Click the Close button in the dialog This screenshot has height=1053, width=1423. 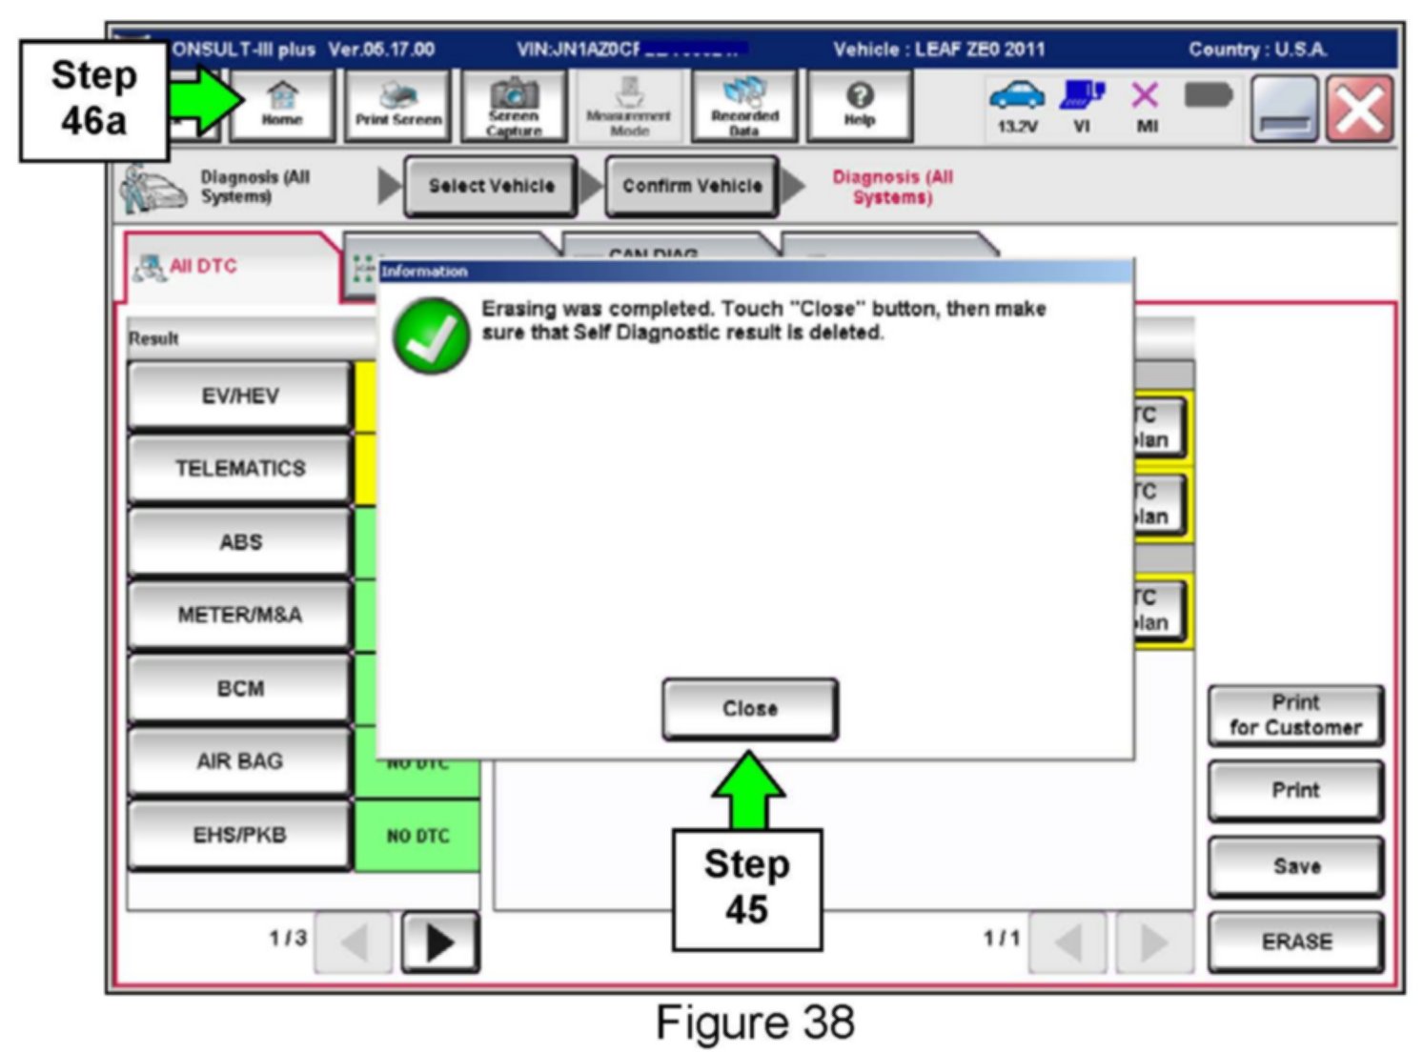(750, 709)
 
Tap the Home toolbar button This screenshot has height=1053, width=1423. (282, 106)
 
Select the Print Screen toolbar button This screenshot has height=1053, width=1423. (398, 106)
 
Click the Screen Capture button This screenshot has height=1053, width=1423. (514, 106)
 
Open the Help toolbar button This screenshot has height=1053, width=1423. (859, 106)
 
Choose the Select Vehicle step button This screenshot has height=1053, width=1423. (491, 186)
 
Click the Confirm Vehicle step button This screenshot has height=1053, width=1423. (692, 186)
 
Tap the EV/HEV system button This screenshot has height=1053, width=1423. (240, 396)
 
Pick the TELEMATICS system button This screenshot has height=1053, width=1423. (240, 469)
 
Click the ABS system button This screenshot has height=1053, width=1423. (240, 542)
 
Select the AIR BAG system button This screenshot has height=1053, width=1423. (240, 761)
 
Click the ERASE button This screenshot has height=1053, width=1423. (1296, 942)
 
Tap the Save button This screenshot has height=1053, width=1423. (1296, 866)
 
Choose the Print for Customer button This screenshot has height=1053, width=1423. (1296, 715)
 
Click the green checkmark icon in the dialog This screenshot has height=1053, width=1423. (432, 335)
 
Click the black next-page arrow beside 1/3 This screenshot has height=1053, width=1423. (439, 942)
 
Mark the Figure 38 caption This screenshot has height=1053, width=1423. (755, 1023)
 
